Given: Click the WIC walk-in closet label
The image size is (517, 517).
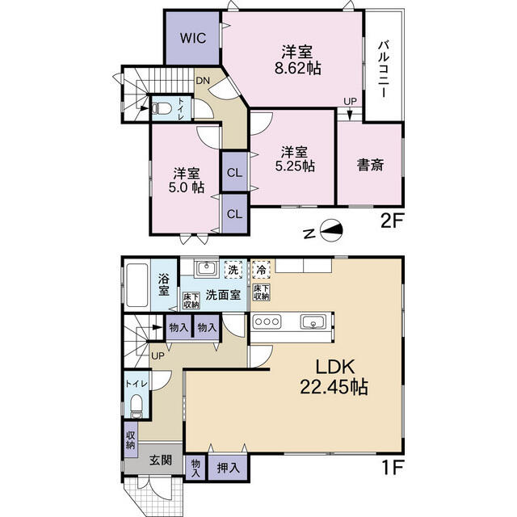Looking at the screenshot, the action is pos(193,38).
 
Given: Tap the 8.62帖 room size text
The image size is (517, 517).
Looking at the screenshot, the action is pos(298,68).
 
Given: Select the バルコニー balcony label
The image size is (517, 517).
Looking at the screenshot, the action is pos(384,69).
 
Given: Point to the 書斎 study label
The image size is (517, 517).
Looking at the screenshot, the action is pos(371,165).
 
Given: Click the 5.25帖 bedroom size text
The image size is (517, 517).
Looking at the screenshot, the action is pos(295,166).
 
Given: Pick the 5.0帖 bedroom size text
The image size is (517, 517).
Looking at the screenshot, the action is pos(187,187).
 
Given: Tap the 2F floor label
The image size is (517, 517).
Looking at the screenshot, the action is pos(392,221).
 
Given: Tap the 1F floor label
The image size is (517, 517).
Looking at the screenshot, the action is pos(393,468).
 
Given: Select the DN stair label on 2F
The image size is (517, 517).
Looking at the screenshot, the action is pos(203,81).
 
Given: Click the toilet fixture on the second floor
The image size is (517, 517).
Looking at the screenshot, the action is pos(162,108).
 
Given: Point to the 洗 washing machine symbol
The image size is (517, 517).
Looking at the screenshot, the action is pos(233,270).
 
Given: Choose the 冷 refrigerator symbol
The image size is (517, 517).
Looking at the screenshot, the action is pos(261,271).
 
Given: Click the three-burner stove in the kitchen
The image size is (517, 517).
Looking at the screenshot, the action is pos(267,322).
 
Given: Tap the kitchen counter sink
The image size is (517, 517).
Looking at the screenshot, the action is pos(313,322).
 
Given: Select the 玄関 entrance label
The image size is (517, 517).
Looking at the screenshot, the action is pos(161,460).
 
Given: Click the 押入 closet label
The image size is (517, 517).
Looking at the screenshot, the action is pos(228,468).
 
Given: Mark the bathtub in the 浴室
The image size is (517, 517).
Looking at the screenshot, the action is pos(137,285).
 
